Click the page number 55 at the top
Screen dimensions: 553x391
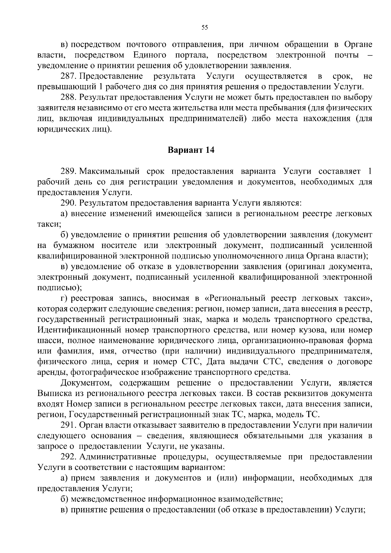tap(204, 27)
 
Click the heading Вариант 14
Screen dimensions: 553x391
tap(191, 150)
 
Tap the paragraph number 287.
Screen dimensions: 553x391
tap(68, 77)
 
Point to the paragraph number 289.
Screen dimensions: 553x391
tap(68, 171)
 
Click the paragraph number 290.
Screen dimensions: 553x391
tap(68, 203)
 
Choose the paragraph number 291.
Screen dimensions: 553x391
tap(68, 425)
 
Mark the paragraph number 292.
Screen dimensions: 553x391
tap(68, 457)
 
